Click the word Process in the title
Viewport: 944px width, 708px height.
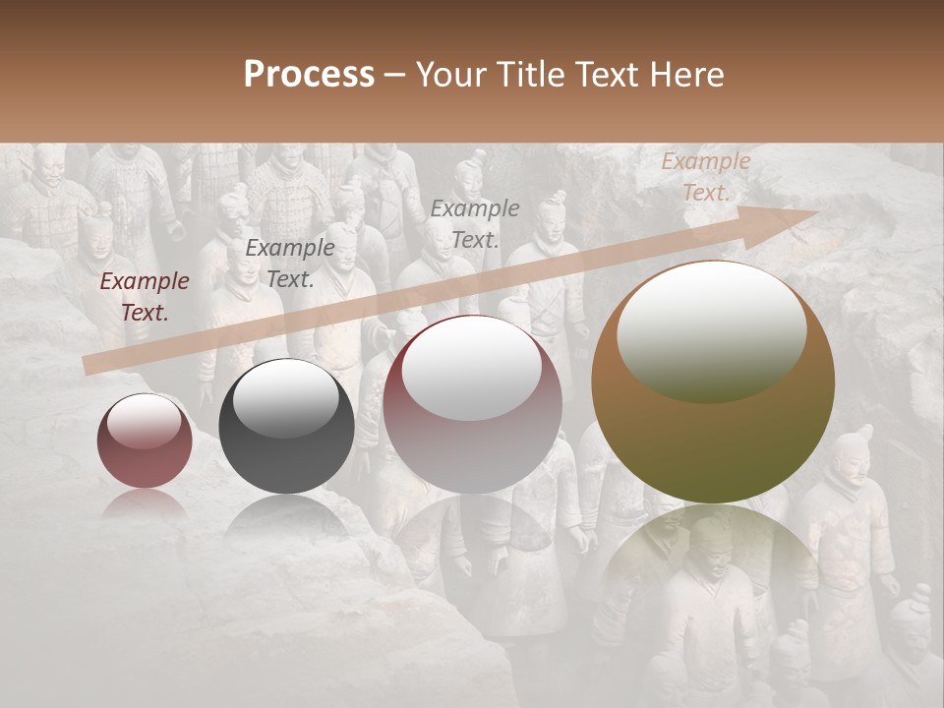(309, 75)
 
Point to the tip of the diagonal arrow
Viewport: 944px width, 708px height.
(818, 212)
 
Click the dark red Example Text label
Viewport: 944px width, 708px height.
(145, 297)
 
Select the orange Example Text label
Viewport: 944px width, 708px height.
(705, 177)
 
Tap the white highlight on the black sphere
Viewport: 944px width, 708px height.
(286, 399)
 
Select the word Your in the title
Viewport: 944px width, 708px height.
(451, 75)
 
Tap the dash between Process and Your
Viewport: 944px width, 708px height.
(394, 76)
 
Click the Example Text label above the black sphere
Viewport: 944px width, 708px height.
(290, 264)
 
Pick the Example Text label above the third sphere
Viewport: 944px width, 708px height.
(475, 223)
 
